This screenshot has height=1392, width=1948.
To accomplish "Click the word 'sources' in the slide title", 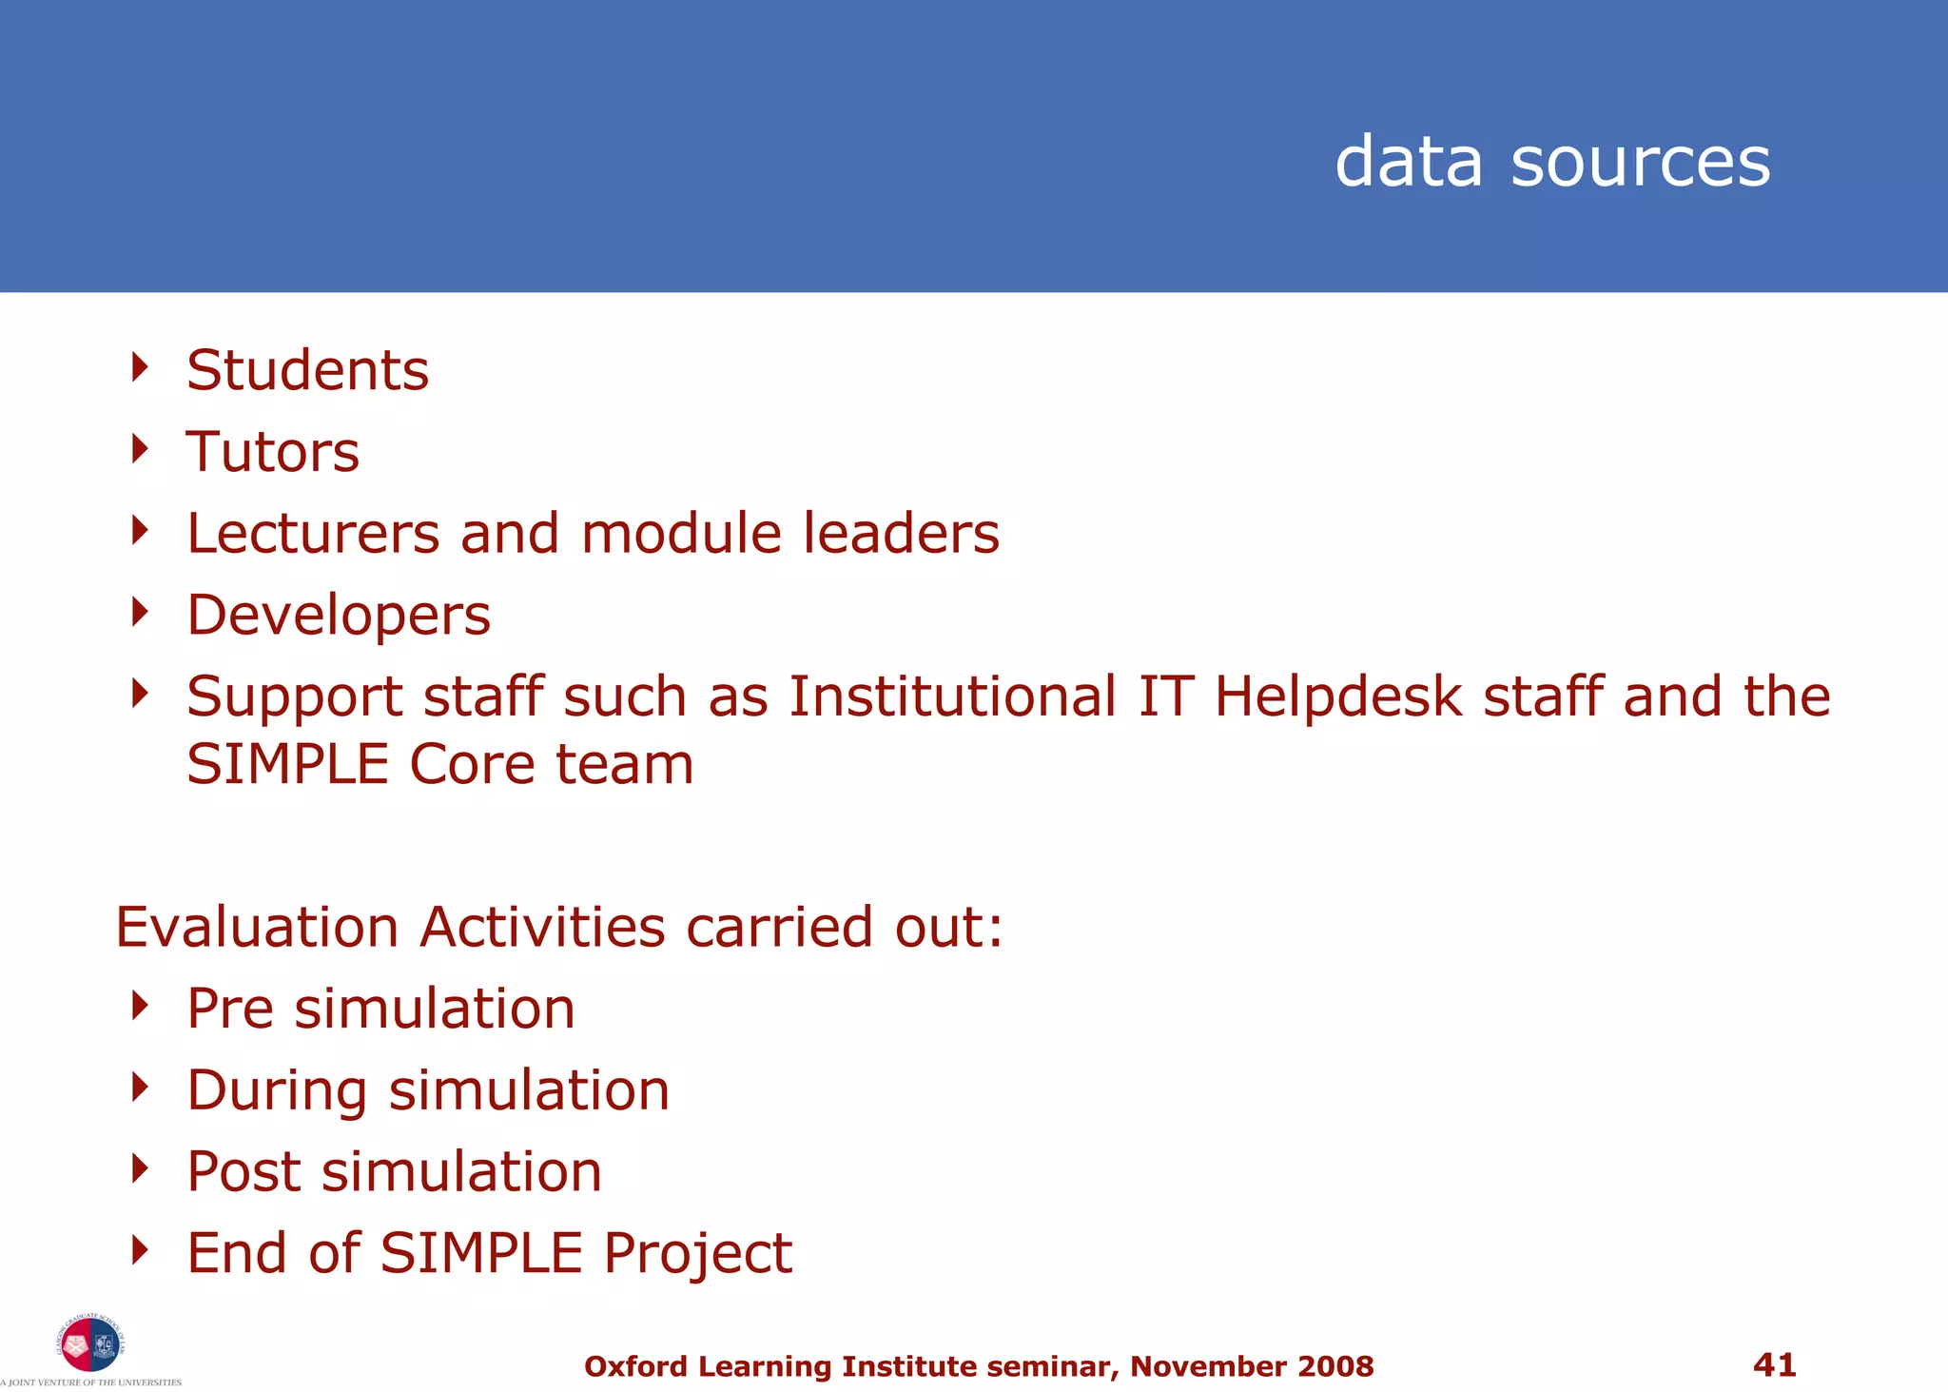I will [x=1640, y=162].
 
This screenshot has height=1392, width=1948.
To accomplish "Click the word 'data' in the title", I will [x=1409, y=162].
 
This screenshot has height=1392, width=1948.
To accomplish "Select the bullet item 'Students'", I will [x=307, y=370].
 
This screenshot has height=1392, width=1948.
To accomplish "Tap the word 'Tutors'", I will [x=273, y=452].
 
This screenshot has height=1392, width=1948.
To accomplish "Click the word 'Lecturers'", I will [x=313, y=533].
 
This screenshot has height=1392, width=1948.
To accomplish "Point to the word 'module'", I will [x=681, y=533].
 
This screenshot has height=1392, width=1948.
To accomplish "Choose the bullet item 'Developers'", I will [x=339, y=616].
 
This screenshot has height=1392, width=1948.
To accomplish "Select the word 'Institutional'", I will [x=952, y=696].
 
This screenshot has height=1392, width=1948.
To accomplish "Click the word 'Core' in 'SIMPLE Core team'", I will [x=471, y=765].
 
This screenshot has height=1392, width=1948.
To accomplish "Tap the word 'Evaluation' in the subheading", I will [x=257, y=927].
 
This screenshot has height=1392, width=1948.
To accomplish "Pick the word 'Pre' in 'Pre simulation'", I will [x=230, y=1009].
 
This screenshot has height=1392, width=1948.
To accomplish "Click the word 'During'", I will [x=277, y=1090].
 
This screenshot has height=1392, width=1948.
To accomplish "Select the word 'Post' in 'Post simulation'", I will [x=243, y=1172].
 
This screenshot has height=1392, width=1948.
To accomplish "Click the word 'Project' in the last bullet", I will [x=697, y=1254].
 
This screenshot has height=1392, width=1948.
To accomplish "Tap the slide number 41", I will [x=1774, y=1365].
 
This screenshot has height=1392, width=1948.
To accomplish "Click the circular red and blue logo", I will [x=90, y=1343].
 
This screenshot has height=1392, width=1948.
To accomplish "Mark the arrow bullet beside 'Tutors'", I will [x=141, y=448].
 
